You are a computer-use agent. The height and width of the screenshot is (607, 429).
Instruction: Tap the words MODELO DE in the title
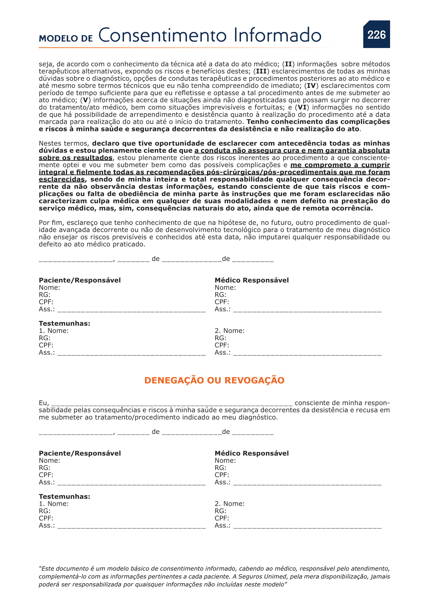pyautogui.click(x=66, y=38)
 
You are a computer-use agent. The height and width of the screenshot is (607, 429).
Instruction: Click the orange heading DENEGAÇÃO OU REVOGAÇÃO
pyautogui.click(x=214, y=380)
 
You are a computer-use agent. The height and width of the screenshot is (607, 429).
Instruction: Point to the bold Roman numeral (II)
pyautogui.click(x=288, y=64)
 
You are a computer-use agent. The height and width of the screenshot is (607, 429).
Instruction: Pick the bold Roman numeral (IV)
pyautogui.click(x=311, y=86)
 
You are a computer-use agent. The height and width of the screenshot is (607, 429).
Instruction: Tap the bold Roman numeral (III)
pyautogui.click(x=261, y=71)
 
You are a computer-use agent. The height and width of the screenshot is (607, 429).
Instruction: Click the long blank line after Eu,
pyautogui.click(x=172, y=403)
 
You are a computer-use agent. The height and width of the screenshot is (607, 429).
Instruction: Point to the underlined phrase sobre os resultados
pyautogui.click(x=75, y=158)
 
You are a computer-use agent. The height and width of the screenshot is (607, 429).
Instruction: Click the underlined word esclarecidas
pyautogui.click(x=61, y=180)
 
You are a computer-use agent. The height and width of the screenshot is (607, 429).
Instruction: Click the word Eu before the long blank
pyautogui.click(x=43, y=403)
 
